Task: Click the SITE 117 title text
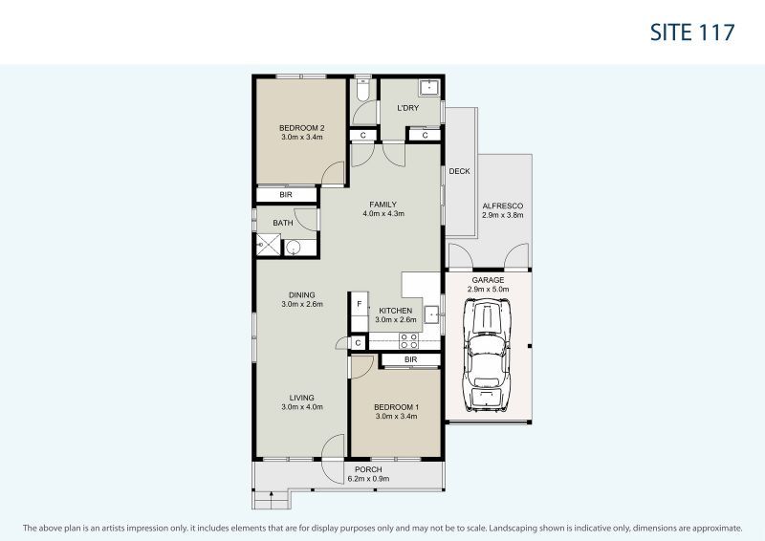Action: (691, 32)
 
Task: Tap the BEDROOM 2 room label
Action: (302, 128)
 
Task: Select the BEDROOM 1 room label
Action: (396, 406)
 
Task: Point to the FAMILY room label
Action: (383, 204)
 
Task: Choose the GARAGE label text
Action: (488, 279)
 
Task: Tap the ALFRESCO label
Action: (502, 206)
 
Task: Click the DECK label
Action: (459, 172)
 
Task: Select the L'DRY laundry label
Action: (408, 108)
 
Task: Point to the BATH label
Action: (283, 223)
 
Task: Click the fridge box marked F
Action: (359, 305)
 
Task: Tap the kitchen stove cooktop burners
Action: (408, 339)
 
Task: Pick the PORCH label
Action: (368, 469)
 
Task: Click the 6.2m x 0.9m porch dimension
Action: (368, 479)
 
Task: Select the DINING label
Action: (302, 294)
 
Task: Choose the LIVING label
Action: (302, 398)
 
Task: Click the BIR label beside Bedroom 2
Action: (285, 195)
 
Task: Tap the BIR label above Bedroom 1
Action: (410, 359)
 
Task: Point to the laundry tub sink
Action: (429, 89)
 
